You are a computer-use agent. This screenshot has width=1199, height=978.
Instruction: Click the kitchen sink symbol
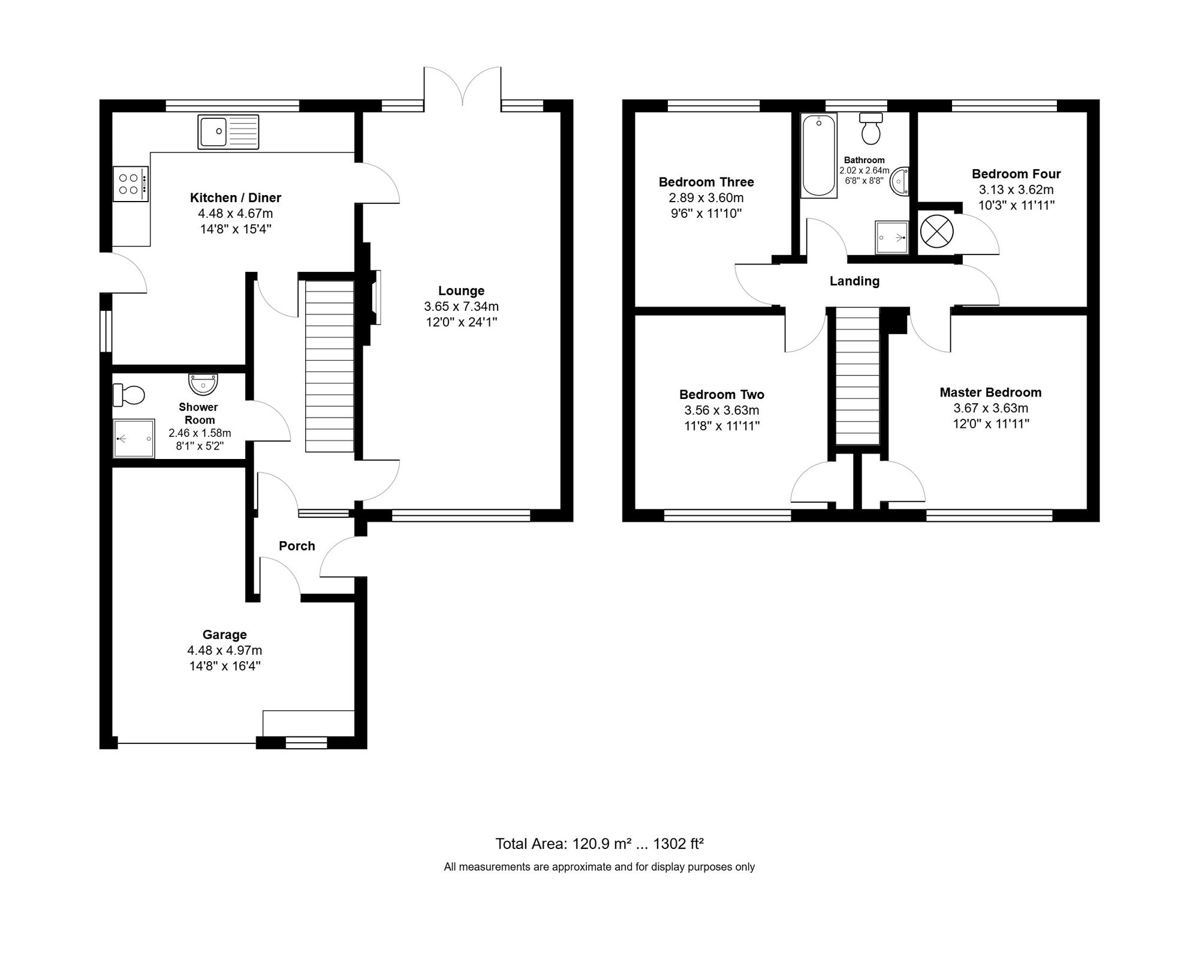[228, 132]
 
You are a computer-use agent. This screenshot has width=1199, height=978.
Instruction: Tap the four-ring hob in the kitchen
[129, 184]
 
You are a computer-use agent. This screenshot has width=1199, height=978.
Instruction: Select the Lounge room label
[461, 291]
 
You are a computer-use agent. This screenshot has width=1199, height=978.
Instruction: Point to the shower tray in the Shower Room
[134, 439]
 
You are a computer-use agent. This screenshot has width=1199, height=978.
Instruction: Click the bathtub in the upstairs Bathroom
[818, 156]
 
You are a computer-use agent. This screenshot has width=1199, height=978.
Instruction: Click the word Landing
[854, 281]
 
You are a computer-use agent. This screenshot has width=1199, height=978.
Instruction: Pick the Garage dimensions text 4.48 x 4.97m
[224, 650]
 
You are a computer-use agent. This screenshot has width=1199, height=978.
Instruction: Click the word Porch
[297, 546]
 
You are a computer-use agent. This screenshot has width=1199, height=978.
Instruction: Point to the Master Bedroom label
[990, 392]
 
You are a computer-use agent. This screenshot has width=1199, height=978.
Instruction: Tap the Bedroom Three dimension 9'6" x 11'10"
[706, 214]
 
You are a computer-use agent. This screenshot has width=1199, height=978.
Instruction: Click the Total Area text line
[599, 844]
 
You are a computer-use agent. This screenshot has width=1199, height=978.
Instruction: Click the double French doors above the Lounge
[462, 87]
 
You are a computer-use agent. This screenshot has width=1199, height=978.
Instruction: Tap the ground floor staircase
[329, 366]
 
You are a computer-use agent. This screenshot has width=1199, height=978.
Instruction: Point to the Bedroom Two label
[722, 395]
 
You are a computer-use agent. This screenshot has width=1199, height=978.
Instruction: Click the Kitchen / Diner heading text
[235, 198]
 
